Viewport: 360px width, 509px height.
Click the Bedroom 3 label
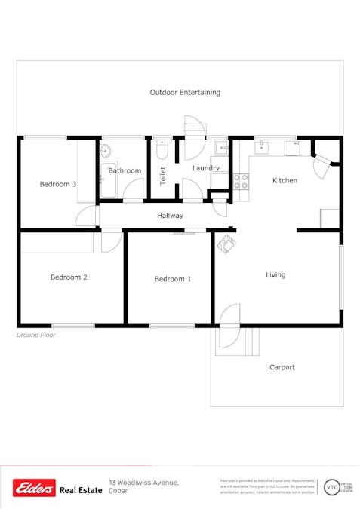click(58, 184)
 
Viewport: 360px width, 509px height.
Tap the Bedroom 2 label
click(69, 277)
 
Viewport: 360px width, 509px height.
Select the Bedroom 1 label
click(173, 279)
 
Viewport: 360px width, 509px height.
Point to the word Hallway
click(170, 216)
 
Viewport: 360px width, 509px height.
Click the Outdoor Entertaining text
click(185, 93)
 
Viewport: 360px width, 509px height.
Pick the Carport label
click(282, 368)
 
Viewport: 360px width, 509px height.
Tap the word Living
click(275, 275)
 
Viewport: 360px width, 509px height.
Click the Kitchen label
click(285, 180)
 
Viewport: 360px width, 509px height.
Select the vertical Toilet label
click(162, 176)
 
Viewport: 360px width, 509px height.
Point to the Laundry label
click(205, 168)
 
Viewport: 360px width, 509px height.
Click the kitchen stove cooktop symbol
click(242, 181)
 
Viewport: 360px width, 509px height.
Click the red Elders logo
click(34, 489)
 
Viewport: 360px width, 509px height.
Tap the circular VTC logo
click(331, 487)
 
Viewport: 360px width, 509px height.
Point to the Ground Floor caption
click(35, 334)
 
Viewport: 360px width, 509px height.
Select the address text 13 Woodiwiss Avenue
click(143, 482)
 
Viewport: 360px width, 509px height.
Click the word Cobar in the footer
click(118, 492)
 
